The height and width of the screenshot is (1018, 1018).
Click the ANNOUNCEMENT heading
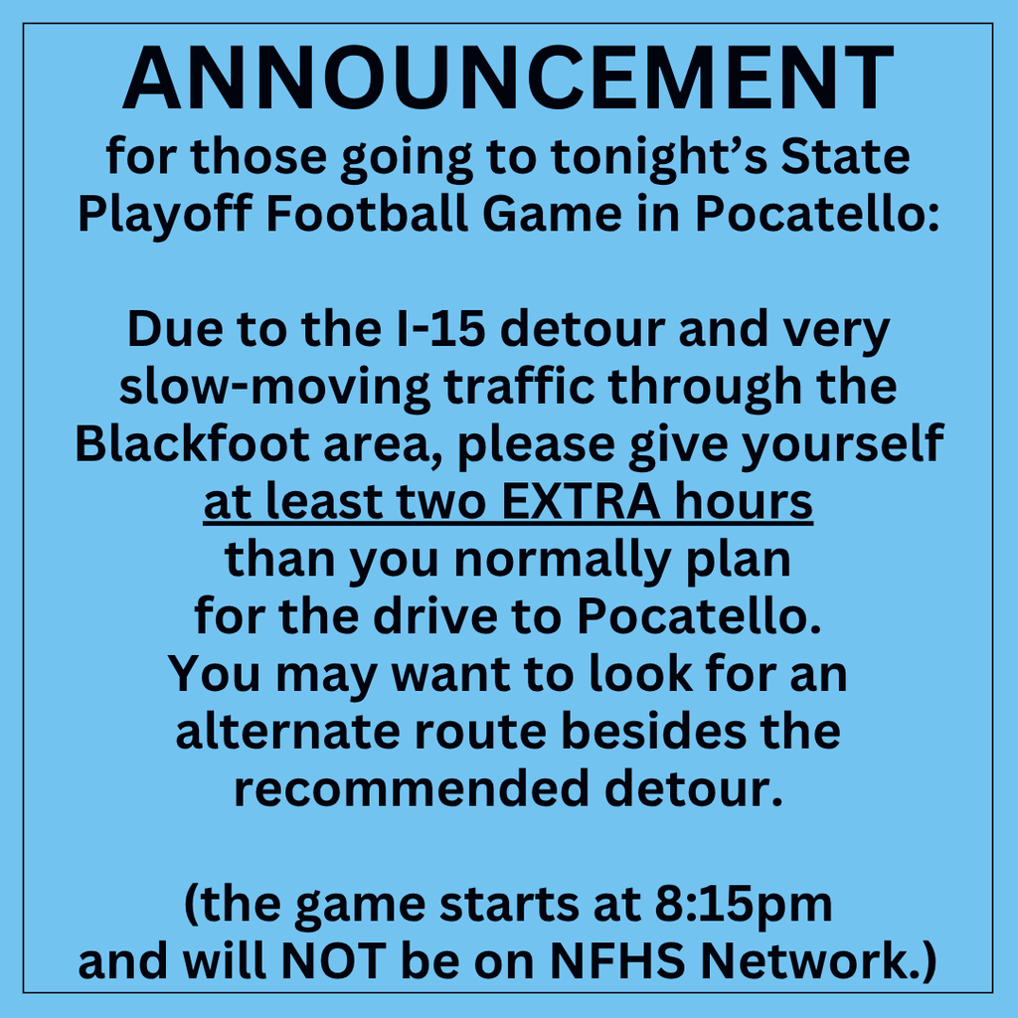pyautogui.click(x=508, y=80)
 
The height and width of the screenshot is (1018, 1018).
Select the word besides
pyautogui.click(x=655, y=732)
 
